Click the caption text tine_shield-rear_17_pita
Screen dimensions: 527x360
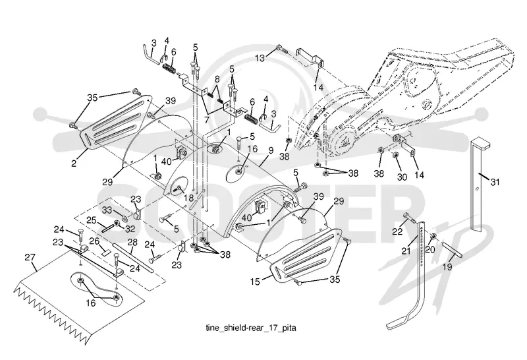pyautogui.click(x=251, y=328)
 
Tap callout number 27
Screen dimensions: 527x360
pyautogui.click(x=30, y=257)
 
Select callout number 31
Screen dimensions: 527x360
pyautogui.click(x=495, y=182)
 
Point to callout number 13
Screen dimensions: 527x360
pyautogui.click(x=260, y=58)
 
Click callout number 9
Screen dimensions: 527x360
pyautogui.click(x=271, y=150)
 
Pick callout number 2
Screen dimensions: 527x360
pyautogui.click(x=74, y=164)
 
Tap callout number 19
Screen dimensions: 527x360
pyautogui.click(x=447, y=267)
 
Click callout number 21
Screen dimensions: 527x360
pyautogui.click(x=406, y=251)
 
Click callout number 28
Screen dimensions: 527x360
pyautogui.click(x=132, y=242)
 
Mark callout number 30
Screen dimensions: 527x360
pyautogui.click(x=402, y=177)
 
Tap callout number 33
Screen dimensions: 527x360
pyautogui.click(x=107, y=210)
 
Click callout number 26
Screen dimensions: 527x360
pyautogui.click(x=94, y=241)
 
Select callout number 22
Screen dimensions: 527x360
pyautogui.click(x=397, y=231)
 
